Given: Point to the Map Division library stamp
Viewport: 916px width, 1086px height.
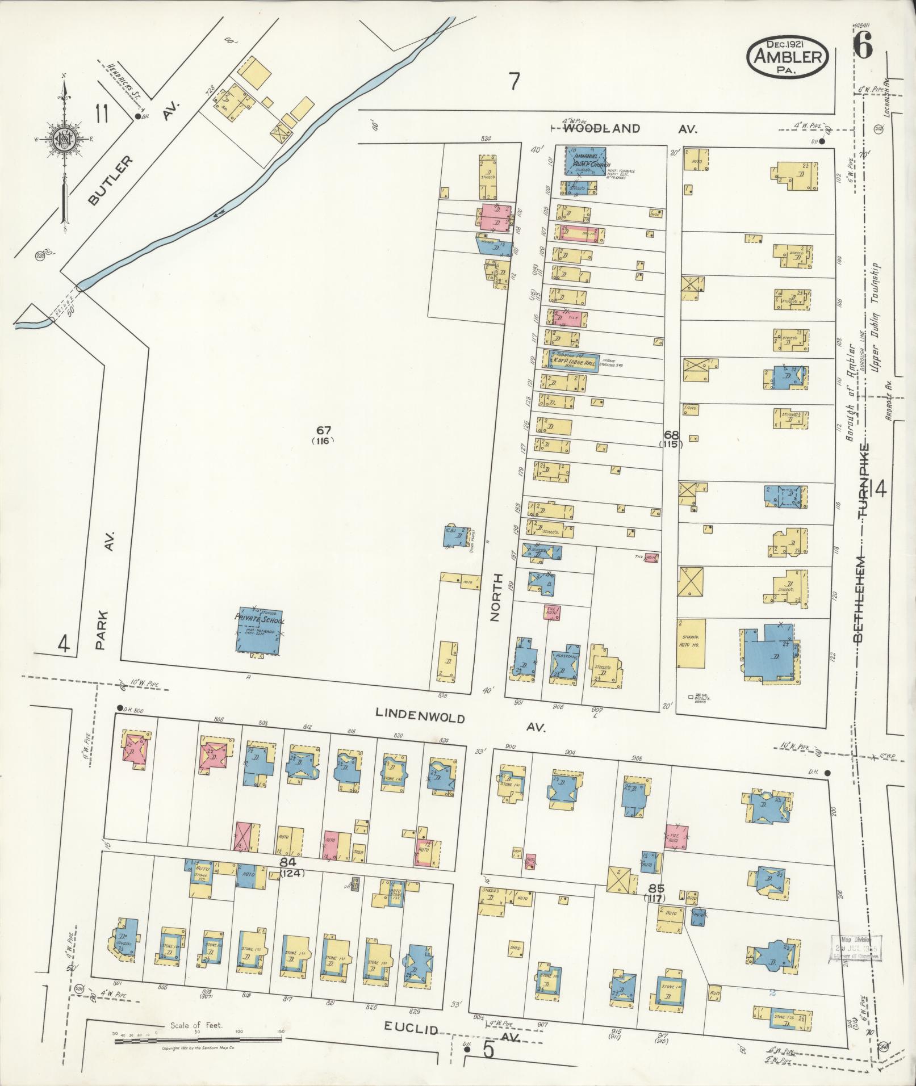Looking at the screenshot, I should [856, 947].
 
